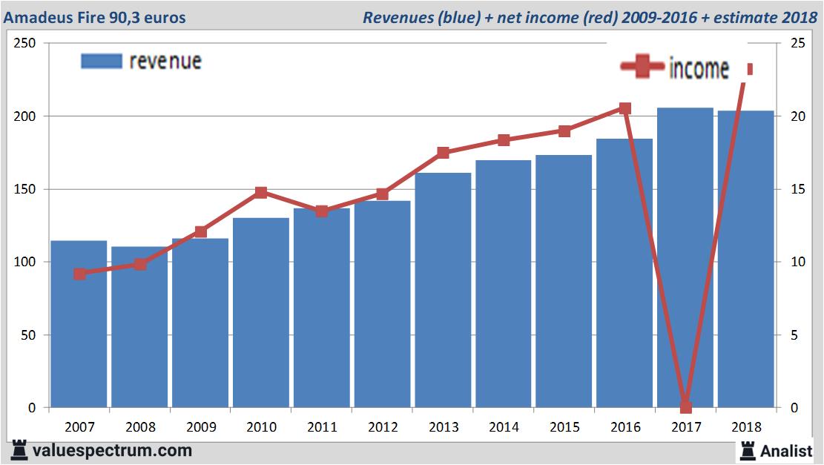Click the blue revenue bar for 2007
coord(79,326)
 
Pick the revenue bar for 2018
coord(746,260)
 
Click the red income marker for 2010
coord(261,193)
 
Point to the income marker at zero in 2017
coord(685,407)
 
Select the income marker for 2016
coord(624,108)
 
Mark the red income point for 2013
coord(443,153)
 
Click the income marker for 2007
coord(79,274)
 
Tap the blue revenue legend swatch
coord(101,61)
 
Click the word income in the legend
coord(699,69)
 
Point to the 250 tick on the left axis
coord(26,44)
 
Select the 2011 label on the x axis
coord(322,427)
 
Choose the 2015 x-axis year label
coord(564,427)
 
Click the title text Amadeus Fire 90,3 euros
coord(94,17)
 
